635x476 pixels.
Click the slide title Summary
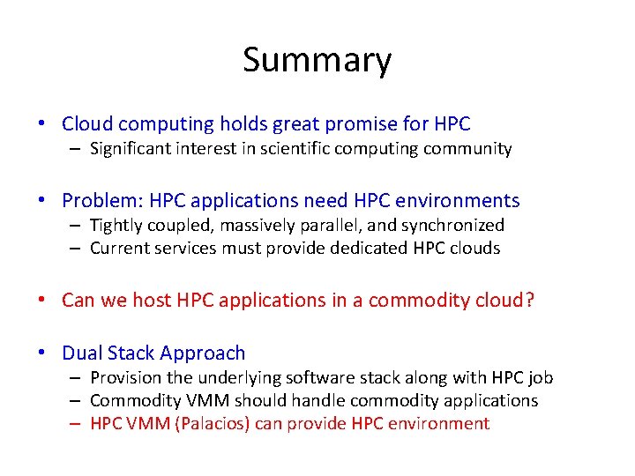click(x=317, y=60)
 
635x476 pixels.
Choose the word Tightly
click(x=115, y=226)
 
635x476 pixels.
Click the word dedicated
click(x=368, y=249)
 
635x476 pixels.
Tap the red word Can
click(x=78, y=300)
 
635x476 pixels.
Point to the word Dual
click(x=81, y=353)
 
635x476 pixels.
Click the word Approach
click(x=204, y=353)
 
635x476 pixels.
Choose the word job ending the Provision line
click(x=540, y=378)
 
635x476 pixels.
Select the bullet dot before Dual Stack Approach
click(x=44, y=353)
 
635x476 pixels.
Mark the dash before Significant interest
click(x=78, y=149)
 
